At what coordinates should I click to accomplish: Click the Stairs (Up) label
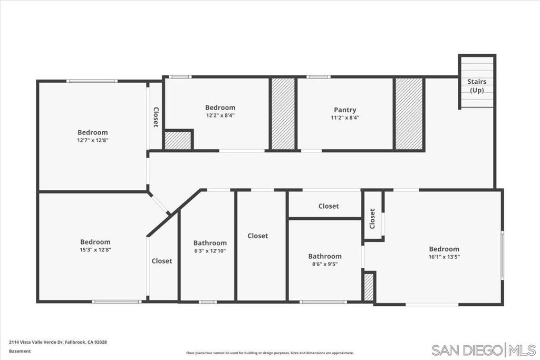pos(477,86)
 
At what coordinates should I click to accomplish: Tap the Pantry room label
pos(345,110)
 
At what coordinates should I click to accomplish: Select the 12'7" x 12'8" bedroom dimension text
pos(92,140)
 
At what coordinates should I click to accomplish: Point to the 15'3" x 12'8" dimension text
pos(95,250)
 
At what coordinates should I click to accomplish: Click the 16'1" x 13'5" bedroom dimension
pos(443,257)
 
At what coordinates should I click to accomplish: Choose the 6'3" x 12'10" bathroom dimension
pos(210,251)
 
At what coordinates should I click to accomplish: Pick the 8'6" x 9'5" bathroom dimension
pos(325,264)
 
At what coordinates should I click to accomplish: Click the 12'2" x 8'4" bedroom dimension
pos(220,115)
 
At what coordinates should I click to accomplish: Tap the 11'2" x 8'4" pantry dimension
pos(345,118)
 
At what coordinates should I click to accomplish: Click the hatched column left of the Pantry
pos(283,114)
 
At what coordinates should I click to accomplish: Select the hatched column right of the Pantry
pos(409,114)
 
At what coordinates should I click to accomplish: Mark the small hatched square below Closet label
pos(178,140)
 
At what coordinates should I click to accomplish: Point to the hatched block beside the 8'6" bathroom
pos(369,287)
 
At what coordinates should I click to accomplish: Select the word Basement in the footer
pos(20,351)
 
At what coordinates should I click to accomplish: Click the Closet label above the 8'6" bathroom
pos(329,206)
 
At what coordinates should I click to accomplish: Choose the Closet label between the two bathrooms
pos(258,236)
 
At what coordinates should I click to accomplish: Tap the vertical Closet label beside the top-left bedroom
pos(156,117)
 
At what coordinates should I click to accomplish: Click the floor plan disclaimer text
pos(269,353)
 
